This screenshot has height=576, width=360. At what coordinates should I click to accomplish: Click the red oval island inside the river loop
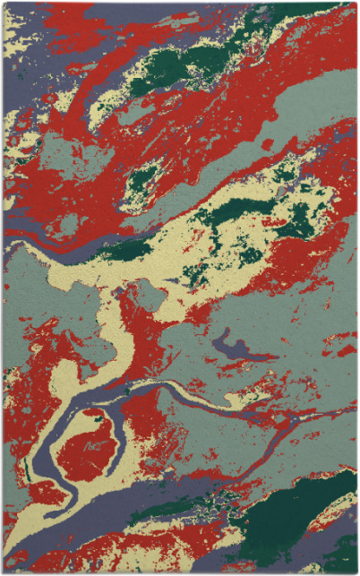[88, 445]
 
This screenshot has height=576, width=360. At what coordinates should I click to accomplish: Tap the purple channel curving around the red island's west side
[45, 448]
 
